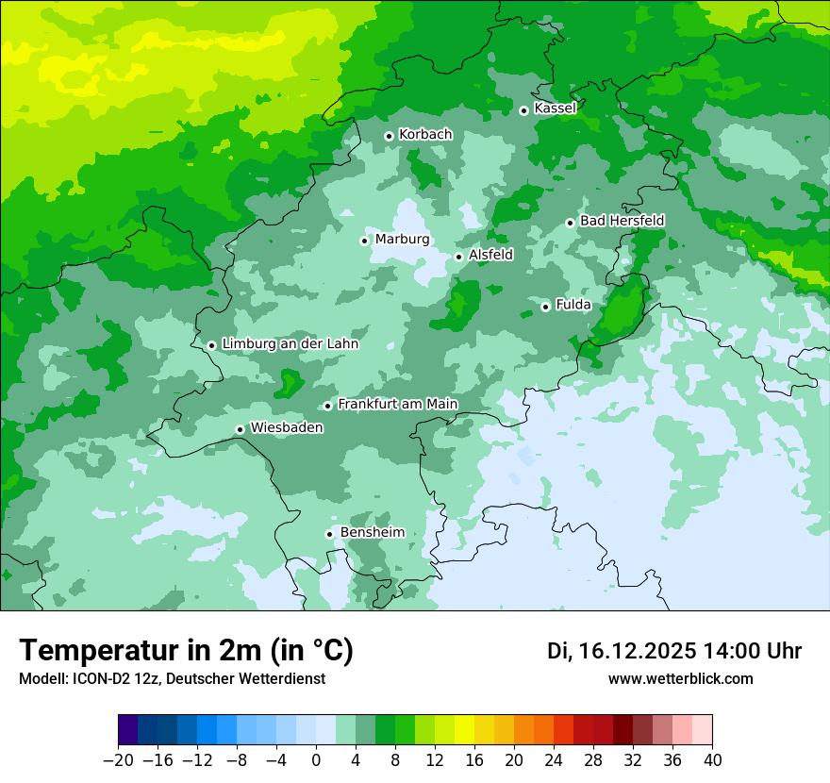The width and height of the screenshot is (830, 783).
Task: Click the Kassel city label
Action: tap(555, 108)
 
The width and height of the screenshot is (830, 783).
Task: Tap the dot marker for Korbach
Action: tap(389, 136)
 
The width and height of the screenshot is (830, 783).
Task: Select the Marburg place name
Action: tap(402, 240)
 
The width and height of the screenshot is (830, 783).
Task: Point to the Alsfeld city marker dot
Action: tap(458, 257)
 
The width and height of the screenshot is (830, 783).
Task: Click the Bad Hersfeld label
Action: tap(622, 221)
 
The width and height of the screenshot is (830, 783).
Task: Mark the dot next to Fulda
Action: tap(545, 307)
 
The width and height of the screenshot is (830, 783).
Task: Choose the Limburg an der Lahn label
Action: tap(290, 344)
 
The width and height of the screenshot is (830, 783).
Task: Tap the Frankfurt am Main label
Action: tap(397, 405)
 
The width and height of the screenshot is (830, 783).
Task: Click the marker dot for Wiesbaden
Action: tap(240, 429)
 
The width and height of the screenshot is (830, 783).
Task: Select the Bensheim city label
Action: tap(372, 533)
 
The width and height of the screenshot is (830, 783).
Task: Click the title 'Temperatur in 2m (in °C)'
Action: tap(186, 651)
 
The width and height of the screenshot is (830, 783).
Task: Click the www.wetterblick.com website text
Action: tap(680, 679)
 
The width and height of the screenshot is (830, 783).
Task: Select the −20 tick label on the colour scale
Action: tap(118, 760)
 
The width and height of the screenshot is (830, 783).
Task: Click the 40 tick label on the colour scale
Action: tap(712, 760)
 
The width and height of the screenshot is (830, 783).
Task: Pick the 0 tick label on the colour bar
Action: tap(316, 760)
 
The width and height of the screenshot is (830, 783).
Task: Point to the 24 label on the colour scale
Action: tap(554, 760)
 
